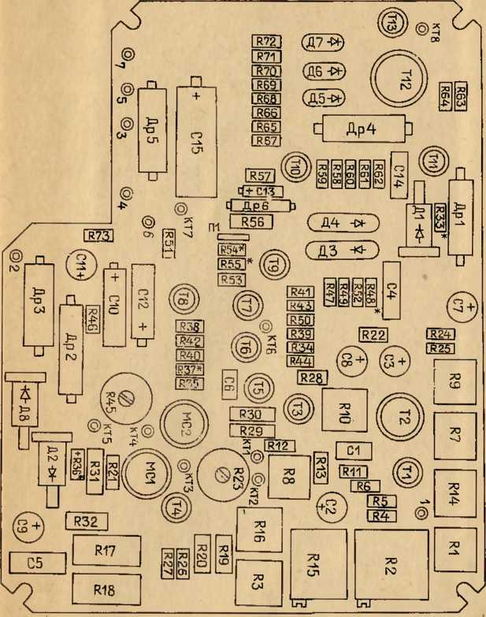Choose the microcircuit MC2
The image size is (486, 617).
click(184, 426)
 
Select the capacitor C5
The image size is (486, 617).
click(35, 562)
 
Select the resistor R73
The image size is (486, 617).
click(100, 234)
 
